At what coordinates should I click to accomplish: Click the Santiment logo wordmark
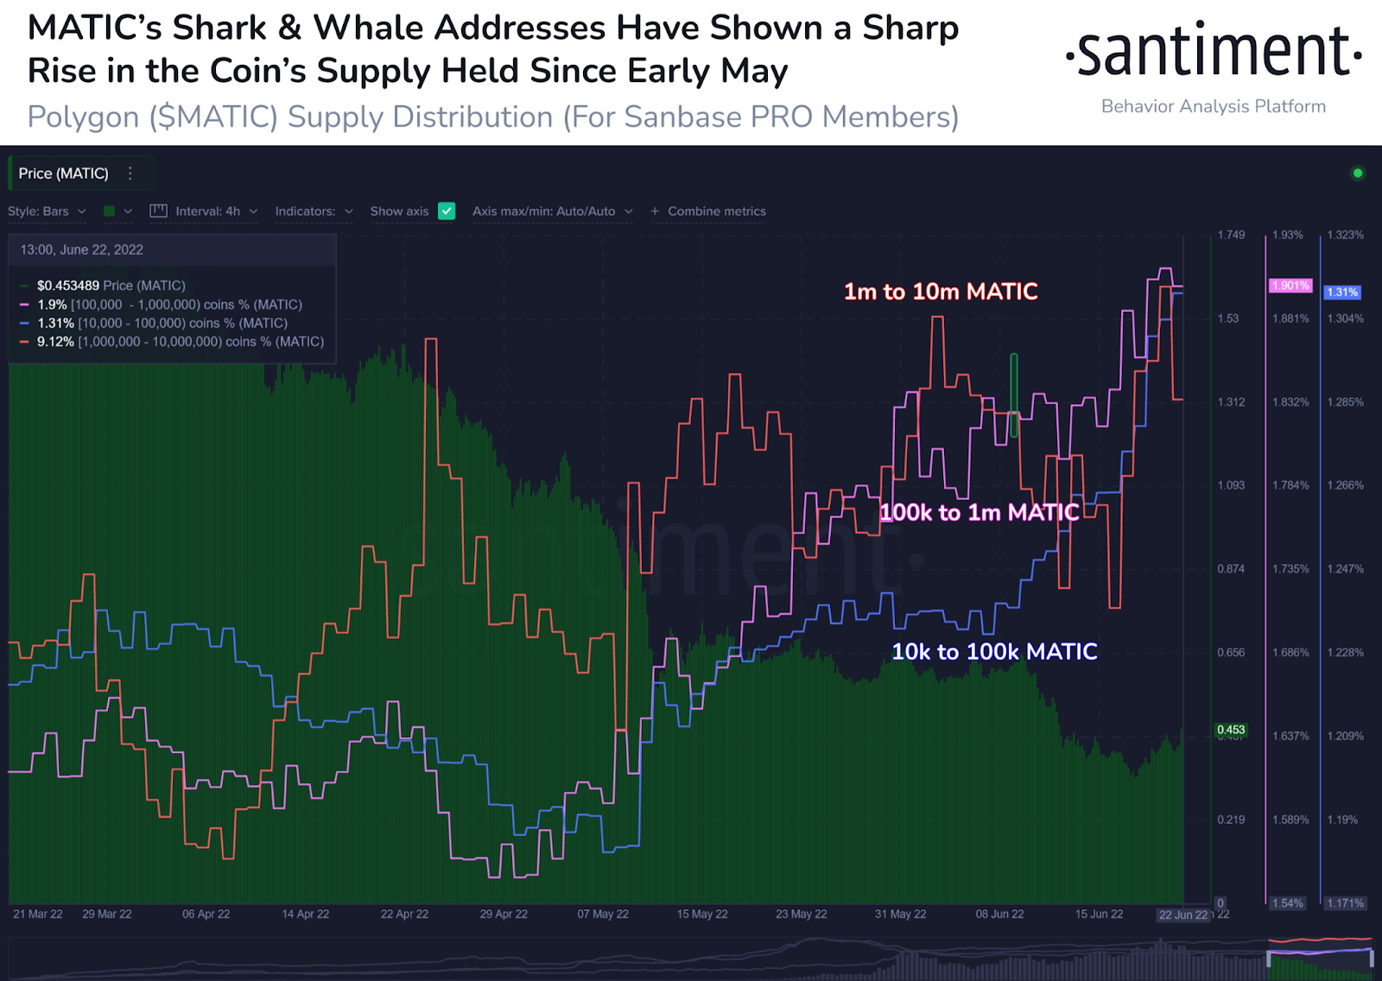click(x=1213, y=52)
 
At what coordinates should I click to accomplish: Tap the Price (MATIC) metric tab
click(x=64, y=174)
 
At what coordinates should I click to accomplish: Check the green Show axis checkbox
click(x=447, y=212)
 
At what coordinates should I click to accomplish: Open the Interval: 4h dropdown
click(x=207, y=212)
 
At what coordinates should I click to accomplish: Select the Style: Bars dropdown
click(x=47, y=212)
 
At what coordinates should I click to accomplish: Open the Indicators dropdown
click(x=314, y=212)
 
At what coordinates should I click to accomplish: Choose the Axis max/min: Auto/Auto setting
click(x=552, y=212)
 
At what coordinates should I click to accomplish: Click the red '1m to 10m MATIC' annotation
click(x=941, y=292)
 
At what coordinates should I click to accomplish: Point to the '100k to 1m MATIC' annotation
click(x=979, y=513)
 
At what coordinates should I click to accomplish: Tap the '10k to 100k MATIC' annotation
click(x=994, y=652)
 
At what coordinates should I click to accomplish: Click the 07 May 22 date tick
click(x=603, y=915)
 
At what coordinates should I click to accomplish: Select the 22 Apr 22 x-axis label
click(x=404, y=915)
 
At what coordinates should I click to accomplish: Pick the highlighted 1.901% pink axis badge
click(x=1290, y=286)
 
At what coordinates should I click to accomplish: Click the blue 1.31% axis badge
click(x=1342, y=293)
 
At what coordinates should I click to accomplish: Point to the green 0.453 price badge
click(x=1231, y=731)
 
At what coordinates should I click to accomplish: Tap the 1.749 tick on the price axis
click(x=1231, y=235)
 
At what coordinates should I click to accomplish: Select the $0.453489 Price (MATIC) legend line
click(x=111, y=286)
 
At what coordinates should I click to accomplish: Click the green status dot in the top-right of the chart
click(x=1357, y=174)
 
